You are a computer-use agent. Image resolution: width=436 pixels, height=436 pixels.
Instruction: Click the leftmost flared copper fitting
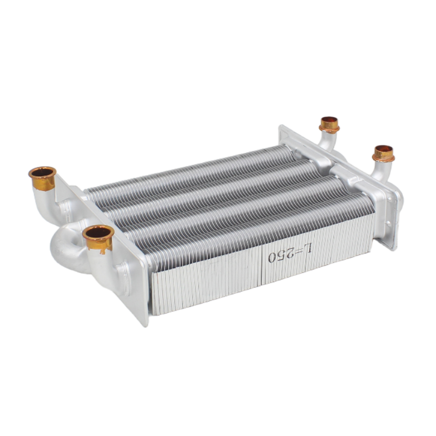43,178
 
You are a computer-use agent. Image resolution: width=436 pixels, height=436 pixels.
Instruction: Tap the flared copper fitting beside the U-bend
98,238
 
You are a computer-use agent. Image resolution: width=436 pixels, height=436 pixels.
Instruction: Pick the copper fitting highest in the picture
329,124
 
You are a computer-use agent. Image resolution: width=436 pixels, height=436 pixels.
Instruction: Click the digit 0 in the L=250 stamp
273,256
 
